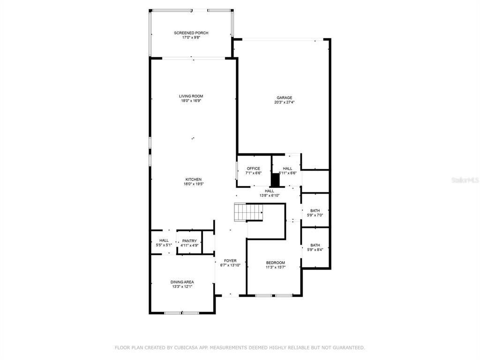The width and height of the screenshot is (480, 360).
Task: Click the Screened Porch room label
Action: (191, 33)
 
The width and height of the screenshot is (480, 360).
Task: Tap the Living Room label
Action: (191, 96)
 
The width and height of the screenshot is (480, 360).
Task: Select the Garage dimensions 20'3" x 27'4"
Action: (285, 102)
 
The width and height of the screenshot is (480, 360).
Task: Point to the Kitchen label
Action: (194, 180)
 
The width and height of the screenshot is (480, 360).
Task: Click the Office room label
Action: (254, 168)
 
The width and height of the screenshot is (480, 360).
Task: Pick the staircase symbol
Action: (248, 212)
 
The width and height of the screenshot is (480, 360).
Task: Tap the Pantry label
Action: (189, 241)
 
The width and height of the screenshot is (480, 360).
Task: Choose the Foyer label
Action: (230, 261)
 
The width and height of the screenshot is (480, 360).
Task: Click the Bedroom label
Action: (276, 262)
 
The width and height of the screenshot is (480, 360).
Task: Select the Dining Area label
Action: (182, 282)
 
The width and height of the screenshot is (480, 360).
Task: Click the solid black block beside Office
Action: (276, 180)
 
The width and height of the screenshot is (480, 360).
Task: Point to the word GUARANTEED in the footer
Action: (348, 347)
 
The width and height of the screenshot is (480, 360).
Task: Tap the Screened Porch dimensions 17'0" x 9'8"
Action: (191, 37)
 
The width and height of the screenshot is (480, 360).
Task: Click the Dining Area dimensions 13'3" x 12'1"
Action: (182, 286)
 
